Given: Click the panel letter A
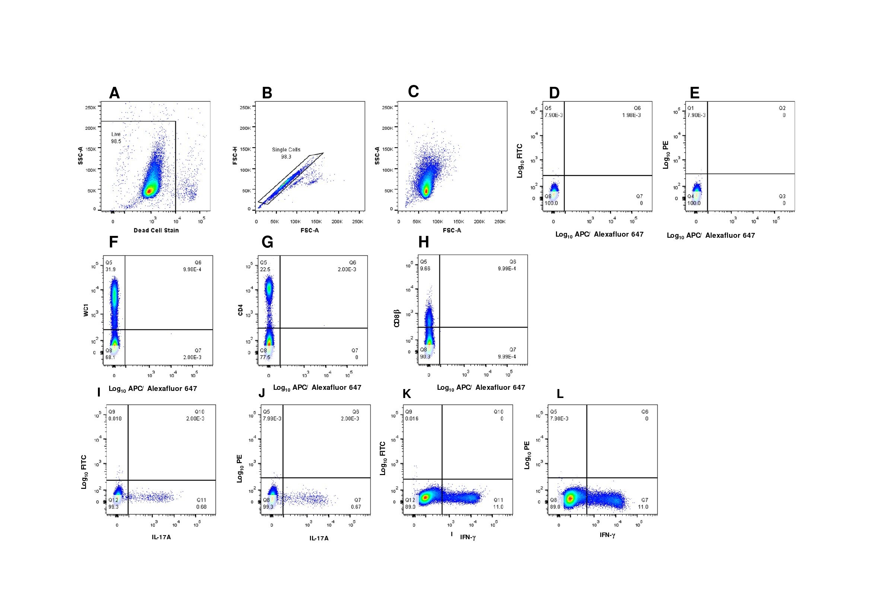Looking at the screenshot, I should (114, 93).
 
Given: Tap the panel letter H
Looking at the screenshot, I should (423, 242).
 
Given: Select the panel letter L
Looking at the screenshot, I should (560, 394).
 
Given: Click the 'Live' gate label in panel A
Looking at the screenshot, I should (116, 135).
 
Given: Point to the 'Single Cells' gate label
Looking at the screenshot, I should (286, 149).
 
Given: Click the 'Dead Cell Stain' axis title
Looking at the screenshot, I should (156, 230).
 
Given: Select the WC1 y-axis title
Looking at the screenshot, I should (86, 312).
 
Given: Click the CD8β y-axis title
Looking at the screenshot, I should (397, 318).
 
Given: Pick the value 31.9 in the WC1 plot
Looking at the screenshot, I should (111, 269).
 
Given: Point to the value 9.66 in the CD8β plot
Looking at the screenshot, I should (425, 269).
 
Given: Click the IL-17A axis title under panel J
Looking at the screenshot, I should (319, 538).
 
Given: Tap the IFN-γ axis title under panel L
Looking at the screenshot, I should (607, 535).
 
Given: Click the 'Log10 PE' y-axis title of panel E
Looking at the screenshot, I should (666, 155).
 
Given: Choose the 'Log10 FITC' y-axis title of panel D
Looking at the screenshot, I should (520, 161).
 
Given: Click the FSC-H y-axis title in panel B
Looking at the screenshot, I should (235, 156).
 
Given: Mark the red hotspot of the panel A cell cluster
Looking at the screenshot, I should (150, 191).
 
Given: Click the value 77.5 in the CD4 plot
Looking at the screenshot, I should (265, 357).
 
